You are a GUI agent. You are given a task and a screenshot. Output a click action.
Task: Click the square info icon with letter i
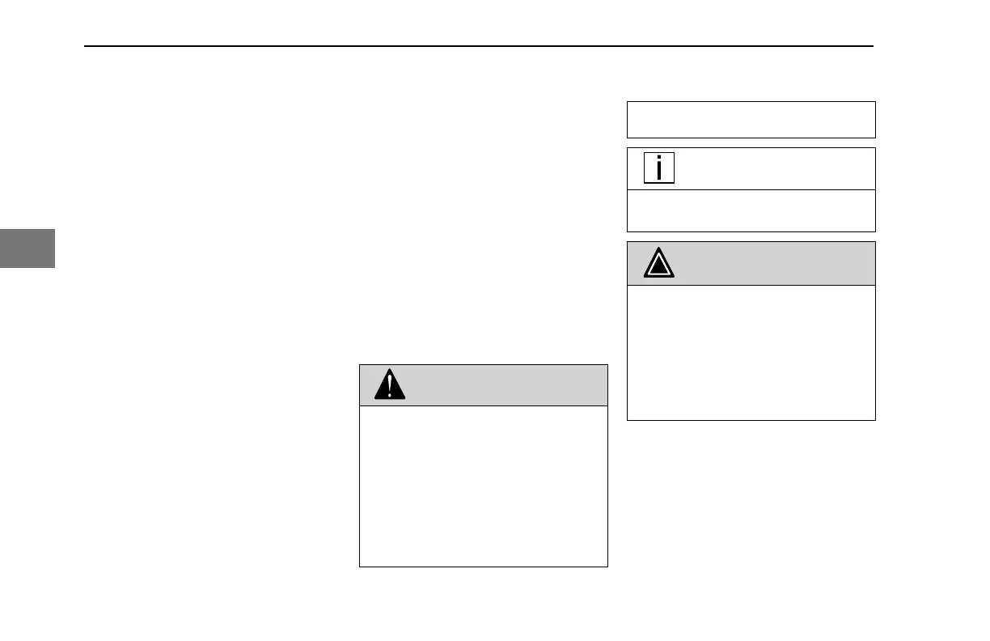point(659,168)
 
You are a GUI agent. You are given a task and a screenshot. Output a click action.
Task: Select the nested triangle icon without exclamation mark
point(660,264)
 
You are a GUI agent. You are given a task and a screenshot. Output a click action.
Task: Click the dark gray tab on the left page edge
point(27,248)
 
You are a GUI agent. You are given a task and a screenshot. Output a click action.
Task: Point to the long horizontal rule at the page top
point(479,46)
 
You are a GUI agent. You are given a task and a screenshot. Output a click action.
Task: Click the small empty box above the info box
point(751,120)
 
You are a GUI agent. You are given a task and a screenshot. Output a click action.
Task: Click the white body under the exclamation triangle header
point(483,486)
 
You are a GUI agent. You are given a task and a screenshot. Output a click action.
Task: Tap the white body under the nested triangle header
point(751,352)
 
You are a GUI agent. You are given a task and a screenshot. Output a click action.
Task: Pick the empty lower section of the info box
point(751,211)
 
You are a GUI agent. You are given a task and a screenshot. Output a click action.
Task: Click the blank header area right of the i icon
point(772,168)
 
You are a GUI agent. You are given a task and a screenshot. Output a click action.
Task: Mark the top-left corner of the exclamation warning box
point(360,365)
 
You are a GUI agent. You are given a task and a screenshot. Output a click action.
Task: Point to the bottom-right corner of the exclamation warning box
point(607,566)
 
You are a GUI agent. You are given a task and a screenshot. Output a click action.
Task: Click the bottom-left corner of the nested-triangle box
point(628,419)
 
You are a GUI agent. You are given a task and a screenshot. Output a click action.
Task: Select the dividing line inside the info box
point(751,190)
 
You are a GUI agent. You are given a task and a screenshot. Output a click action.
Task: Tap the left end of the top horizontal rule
point(86,46)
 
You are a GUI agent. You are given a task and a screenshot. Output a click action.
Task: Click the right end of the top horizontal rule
point(874,46)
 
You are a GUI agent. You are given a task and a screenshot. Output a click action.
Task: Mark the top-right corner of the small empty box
point(875,102)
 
